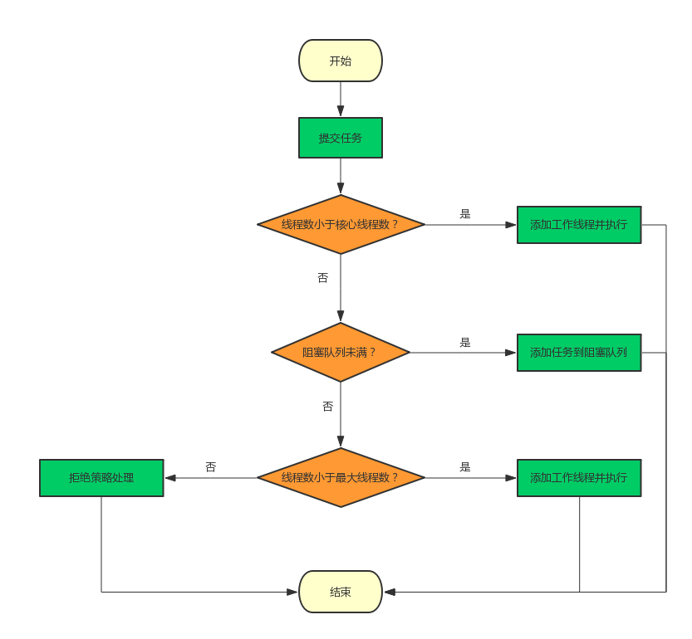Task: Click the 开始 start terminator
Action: (x=341, y=61)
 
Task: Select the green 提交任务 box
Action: (x=341, y=138)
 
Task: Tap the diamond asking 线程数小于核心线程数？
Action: (x=341, y=224)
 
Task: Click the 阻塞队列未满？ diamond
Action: (x=341, y=352)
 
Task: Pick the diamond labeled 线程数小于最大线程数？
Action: (x=341, y=477)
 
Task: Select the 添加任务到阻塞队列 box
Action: (x=579, y=353)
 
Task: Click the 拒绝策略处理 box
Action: (x=101, y=478)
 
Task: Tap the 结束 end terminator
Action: (x=341, y=592)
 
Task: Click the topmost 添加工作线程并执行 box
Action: (x=579, y=225)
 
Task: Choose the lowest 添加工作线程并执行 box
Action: (x=579, y=478)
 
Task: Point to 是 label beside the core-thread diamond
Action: (x=465, y=213)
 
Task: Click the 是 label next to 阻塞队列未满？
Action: (x=465, y=342)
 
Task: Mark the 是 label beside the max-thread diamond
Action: (x=465, y=466)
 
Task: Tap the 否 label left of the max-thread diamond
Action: (x=210, y=467)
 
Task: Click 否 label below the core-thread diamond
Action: (x=322, y=278)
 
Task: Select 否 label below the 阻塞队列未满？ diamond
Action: (x=327, y=406)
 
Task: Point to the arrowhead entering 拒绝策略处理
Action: (x=170, y=478)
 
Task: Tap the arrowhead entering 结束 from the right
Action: (x=390, y=592)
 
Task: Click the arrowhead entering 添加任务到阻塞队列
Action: (x=510, y=353)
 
